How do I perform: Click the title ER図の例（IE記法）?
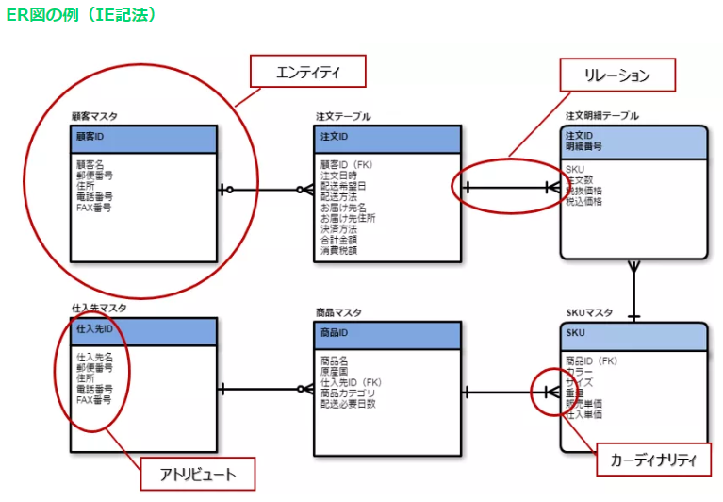(81, 16)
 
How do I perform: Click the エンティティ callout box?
(306, 72)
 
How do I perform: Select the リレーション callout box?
(618, 75)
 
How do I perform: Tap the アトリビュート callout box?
(198, 473)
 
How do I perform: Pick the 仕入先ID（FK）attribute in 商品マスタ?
(351, 382)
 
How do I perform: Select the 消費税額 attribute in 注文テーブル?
(339, 251)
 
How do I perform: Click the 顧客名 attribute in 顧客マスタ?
(90, 163)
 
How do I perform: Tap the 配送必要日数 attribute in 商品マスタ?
(348, 404)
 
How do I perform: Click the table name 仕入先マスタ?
(99, 308)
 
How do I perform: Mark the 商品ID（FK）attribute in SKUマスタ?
(591, 360)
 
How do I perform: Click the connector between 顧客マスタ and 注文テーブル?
(265, 190)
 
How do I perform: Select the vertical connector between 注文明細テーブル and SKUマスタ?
(634, 291)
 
